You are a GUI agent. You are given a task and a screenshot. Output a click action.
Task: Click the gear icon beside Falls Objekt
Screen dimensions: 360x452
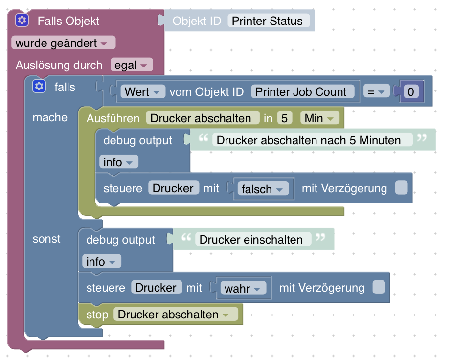22,21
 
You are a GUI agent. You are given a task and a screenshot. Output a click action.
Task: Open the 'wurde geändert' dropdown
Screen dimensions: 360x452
63,43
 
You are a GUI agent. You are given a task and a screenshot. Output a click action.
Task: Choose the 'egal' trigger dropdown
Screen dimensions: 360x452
132,65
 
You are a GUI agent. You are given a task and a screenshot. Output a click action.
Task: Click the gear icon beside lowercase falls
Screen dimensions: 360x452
39,87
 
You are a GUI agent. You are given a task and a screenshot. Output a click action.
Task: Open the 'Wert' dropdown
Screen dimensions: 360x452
142,91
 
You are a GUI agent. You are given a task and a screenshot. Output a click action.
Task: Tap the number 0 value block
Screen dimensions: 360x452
410,91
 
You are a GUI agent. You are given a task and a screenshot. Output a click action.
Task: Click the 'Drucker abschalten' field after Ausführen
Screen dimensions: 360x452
203,118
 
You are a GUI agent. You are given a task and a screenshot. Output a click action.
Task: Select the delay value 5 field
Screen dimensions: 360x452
284,118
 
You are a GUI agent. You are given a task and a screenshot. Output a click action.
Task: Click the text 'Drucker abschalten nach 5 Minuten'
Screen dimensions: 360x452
308,140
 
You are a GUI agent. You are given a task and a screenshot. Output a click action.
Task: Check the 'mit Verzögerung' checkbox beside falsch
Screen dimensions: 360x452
401,188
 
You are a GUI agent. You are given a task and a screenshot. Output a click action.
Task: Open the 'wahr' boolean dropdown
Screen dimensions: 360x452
243,288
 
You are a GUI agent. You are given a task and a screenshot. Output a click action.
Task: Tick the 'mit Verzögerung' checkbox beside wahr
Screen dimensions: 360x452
379,288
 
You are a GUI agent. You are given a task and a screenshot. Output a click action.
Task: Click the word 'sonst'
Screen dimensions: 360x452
46,239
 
